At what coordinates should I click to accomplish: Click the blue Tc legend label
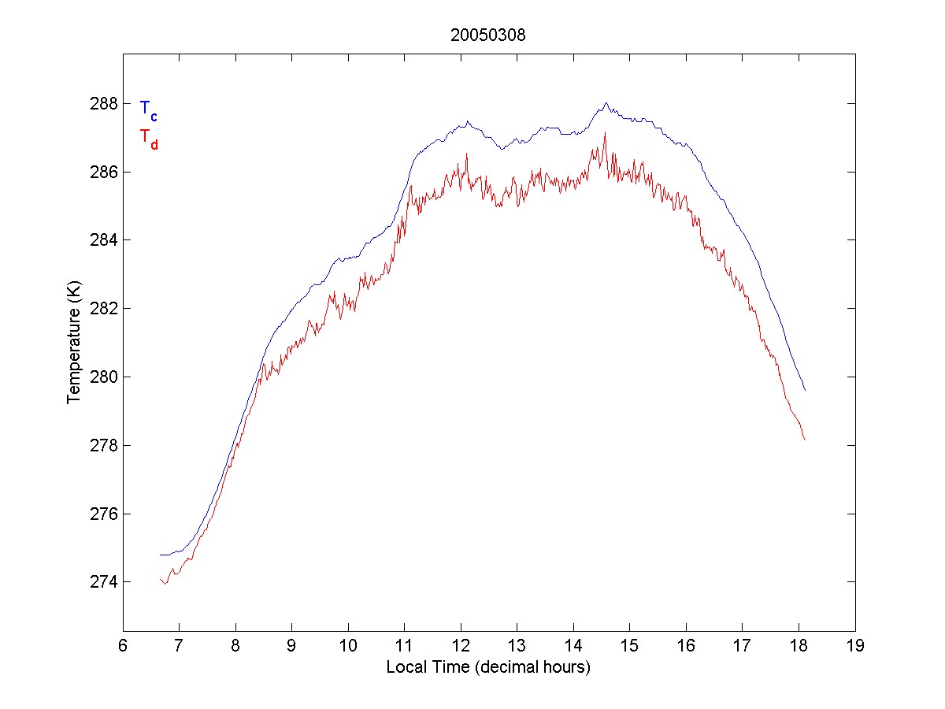[x=148, y=110]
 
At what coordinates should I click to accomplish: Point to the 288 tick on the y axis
[x=105, y=103]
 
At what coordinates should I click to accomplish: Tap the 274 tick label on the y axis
[x=105, y=582]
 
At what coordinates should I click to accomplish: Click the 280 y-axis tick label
[x=105, y=377]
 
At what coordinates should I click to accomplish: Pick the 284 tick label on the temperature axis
[x=105, y=239]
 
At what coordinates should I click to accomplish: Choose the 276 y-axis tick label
[x=105, y=514]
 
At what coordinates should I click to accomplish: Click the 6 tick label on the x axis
[x=123, y=647]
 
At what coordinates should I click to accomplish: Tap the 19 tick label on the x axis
[x=855, y=647]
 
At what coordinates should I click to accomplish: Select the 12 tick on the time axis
[x=461, y=647]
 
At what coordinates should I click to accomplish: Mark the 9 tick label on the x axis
[x=291, y=647]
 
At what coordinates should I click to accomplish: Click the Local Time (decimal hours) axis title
[x=488, y=667]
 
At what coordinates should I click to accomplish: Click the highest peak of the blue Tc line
[x=606, y=102]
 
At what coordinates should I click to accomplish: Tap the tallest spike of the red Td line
[x=605, y=132]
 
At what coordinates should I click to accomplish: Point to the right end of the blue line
[x=805, y=390]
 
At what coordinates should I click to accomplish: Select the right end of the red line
[x=805, y=440]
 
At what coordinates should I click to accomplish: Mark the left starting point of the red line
[x=160, y=579]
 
